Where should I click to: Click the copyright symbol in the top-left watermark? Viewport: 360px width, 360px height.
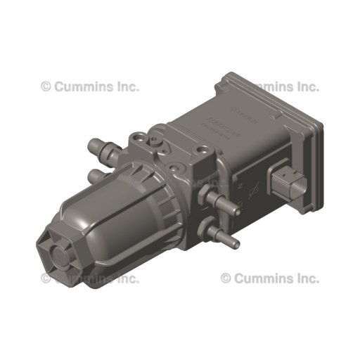(x=46, y=86)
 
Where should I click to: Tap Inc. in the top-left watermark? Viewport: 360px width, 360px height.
(x=127, y=86)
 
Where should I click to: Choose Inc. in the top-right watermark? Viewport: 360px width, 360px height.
(x=306, y=86)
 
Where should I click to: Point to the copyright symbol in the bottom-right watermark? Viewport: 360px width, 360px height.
(x=226, y=278)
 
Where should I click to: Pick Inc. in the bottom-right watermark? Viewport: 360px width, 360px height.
(x=306, y=278)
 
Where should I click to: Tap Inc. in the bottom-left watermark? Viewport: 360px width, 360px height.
(x=127, y=278)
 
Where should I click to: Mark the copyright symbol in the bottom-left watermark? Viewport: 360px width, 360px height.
(x=46, y=278)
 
